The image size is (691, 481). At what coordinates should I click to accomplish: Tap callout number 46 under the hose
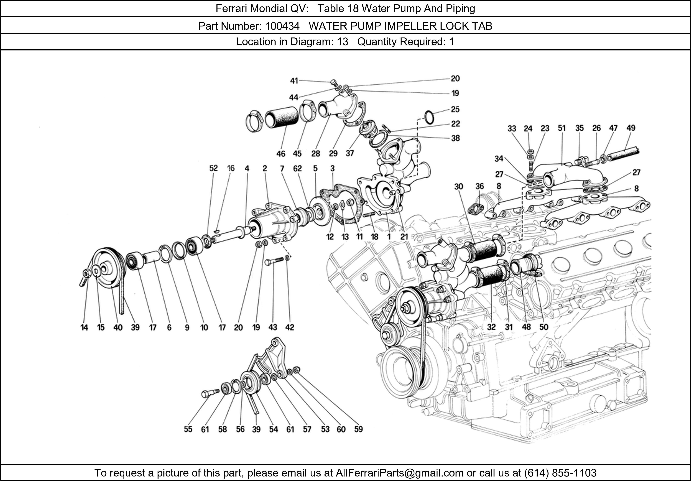[281, 154]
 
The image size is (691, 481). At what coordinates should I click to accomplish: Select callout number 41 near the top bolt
[294, 81]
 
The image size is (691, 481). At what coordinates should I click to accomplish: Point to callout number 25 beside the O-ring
[455, 109]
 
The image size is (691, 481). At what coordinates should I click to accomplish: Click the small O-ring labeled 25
[429, 117]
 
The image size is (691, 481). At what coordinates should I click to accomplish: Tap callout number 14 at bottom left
[84, 327]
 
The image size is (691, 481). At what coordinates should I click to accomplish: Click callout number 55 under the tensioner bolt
[188, 429]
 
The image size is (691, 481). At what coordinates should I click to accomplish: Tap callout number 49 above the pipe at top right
[631, 128]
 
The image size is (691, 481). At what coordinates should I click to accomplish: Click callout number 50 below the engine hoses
[543, 327]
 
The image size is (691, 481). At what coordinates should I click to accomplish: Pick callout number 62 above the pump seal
[297, 168]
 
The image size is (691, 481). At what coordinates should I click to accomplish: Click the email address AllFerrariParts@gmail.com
[399, 473]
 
